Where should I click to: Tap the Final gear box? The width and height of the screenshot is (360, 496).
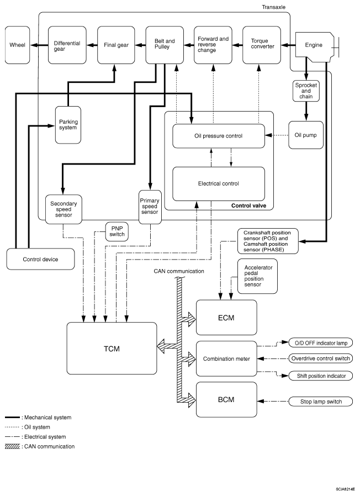116,44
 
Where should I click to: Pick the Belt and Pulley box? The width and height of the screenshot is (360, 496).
164,44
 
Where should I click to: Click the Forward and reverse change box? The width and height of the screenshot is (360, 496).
213,44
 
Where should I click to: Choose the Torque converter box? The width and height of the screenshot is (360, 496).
260,44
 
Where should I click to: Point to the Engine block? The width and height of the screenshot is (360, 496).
314,44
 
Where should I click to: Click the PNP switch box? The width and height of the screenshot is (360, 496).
117,231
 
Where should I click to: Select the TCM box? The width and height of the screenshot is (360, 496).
111,349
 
